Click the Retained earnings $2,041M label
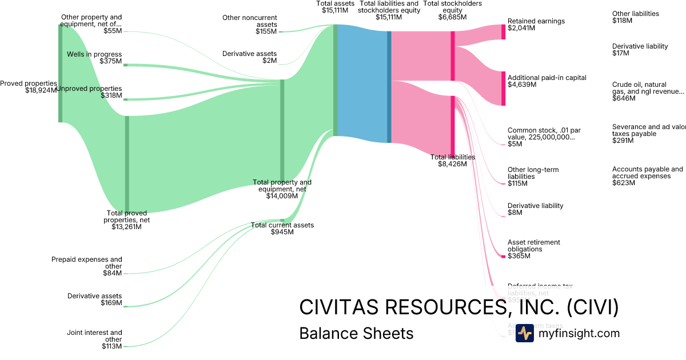[536, 25]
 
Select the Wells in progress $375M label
[102, 58]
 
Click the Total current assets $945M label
[282, 229]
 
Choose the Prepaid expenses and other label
[87, 266]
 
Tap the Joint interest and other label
[94, 339]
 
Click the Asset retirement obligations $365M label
[533, 249]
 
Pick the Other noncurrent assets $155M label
[249, 25]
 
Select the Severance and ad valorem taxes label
[648, 134]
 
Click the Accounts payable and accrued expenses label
[647, 176]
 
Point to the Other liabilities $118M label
[635, 17]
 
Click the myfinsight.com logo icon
[524, 333]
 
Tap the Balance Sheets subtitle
[356, 333]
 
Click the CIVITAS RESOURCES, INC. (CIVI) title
[458, 307]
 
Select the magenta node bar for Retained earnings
[503, 32]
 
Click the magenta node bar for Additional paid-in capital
[503, 89]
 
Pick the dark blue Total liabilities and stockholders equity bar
[389, 87]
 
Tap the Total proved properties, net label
[126, 219]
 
